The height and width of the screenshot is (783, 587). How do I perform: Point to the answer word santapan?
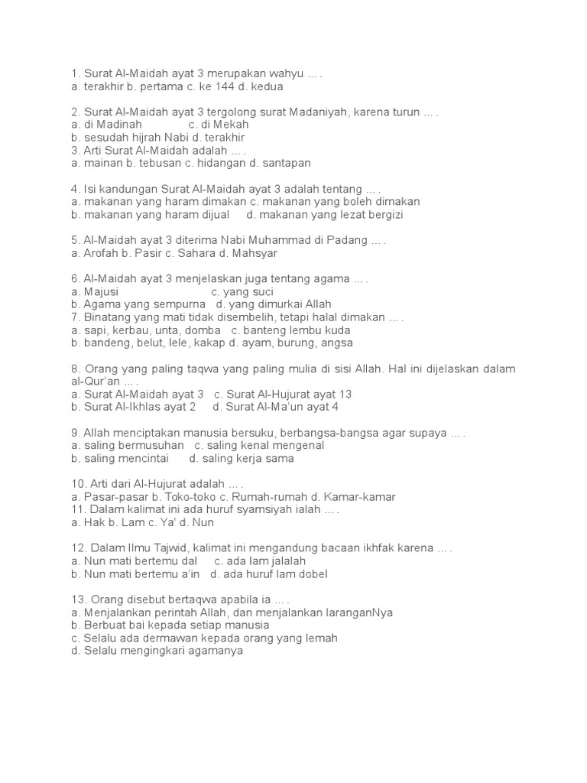click(286, 163)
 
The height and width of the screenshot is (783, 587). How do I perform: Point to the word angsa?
click(336, 343)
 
